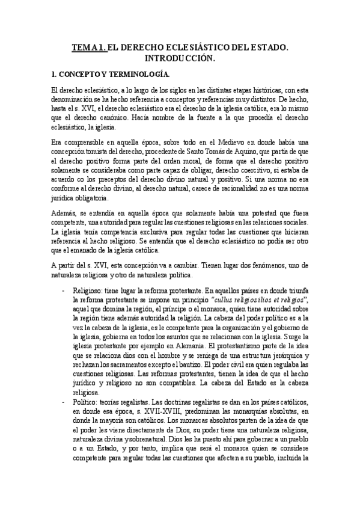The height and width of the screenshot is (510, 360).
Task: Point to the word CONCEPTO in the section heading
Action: [x=79, y=75]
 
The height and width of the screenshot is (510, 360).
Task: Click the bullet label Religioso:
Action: [x=88, y=289]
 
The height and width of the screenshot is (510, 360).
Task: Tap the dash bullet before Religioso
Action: [x=64, y=289]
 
